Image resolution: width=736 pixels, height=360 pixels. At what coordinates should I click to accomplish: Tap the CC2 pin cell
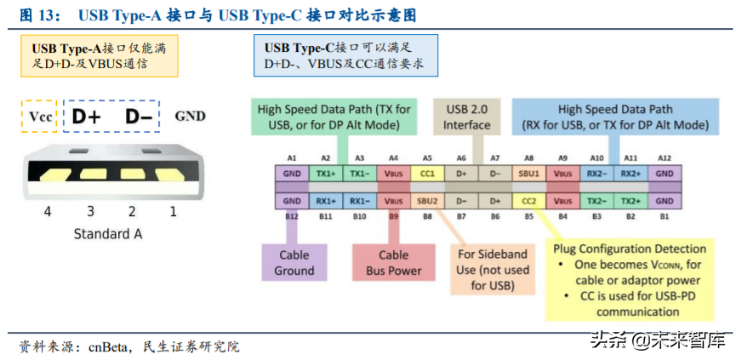pyautogui.click(x=528, y=202)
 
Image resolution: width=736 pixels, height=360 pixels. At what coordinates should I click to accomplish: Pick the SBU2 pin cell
pyautogui.click(x=427, y=202)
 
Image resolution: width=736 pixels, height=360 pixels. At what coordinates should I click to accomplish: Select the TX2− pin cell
pyautogui.click(x=596, y=202)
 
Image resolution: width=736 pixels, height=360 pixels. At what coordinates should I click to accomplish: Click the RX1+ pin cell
pyautogui.click(x=326, y=202)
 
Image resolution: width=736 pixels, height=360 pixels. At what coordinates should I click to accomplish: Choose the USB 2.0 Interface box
pyautogui.click(x=466, y=117)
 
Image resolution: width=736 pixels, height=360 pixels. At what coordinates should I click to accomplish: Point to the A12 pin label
pyautogui.click(x=664, y=157)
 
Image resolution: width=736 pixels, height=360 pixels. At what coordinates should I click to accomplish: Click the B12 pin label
pyautogui.click(x=292, y=217)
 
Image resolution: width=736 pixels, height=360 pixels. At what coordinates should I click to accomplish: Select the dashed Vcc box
pyautogui.click(x=40, y=117)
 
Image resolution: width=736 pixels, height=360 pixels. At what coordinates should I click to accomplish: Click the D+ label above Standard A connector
pyautogui.click(x=86, y=117)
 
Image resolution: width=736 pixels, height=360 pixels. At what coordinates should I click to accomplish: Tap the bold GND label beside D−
pyautogui.click(x=190, y=117)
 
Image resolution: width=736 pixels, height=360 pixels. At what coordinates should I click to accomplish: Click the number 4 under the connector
pyautogui.click(x=47, y=212)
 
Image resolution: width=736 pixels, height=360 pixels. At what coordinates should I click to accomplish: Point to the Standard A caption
pyautogui.click(x=108, y=234)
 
